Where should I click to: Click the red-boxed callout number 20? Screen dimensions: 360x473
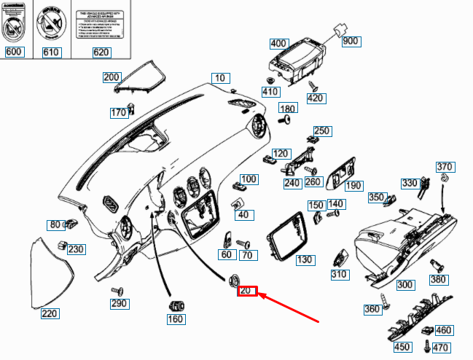[246, 290]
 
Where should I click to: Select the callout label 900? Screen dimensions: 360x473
[351, 42]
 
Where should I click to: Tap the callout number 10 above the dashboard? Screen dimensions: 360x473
[220, 78]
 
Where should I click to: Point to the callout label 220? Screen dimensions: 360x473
[50, 314]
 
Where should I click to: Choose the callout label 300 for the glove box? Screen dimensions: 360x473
[404, 284]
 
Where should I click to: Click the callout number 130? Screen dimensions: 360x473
[305, 259]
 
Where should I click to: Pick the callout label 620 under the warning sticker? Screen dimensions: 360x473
[101, 52]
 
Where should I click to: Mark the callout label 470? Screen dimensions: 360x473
[442, 348]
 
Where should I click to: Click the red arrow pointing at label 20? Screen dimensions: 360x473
[292, 307]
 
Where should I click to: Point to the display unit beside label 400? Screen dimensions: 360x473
[299, 61]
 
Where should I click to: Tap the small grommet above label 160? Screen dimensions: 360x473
[175, 305]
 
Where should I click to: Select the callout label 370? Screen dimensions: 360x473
[445, 167]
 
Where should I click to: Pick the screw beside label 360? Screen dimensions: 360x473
[386, 300]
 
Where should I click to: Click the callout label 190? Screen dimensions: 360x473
[354, 186]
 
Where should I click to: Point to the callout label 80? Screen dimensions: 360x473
[55, 224]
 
